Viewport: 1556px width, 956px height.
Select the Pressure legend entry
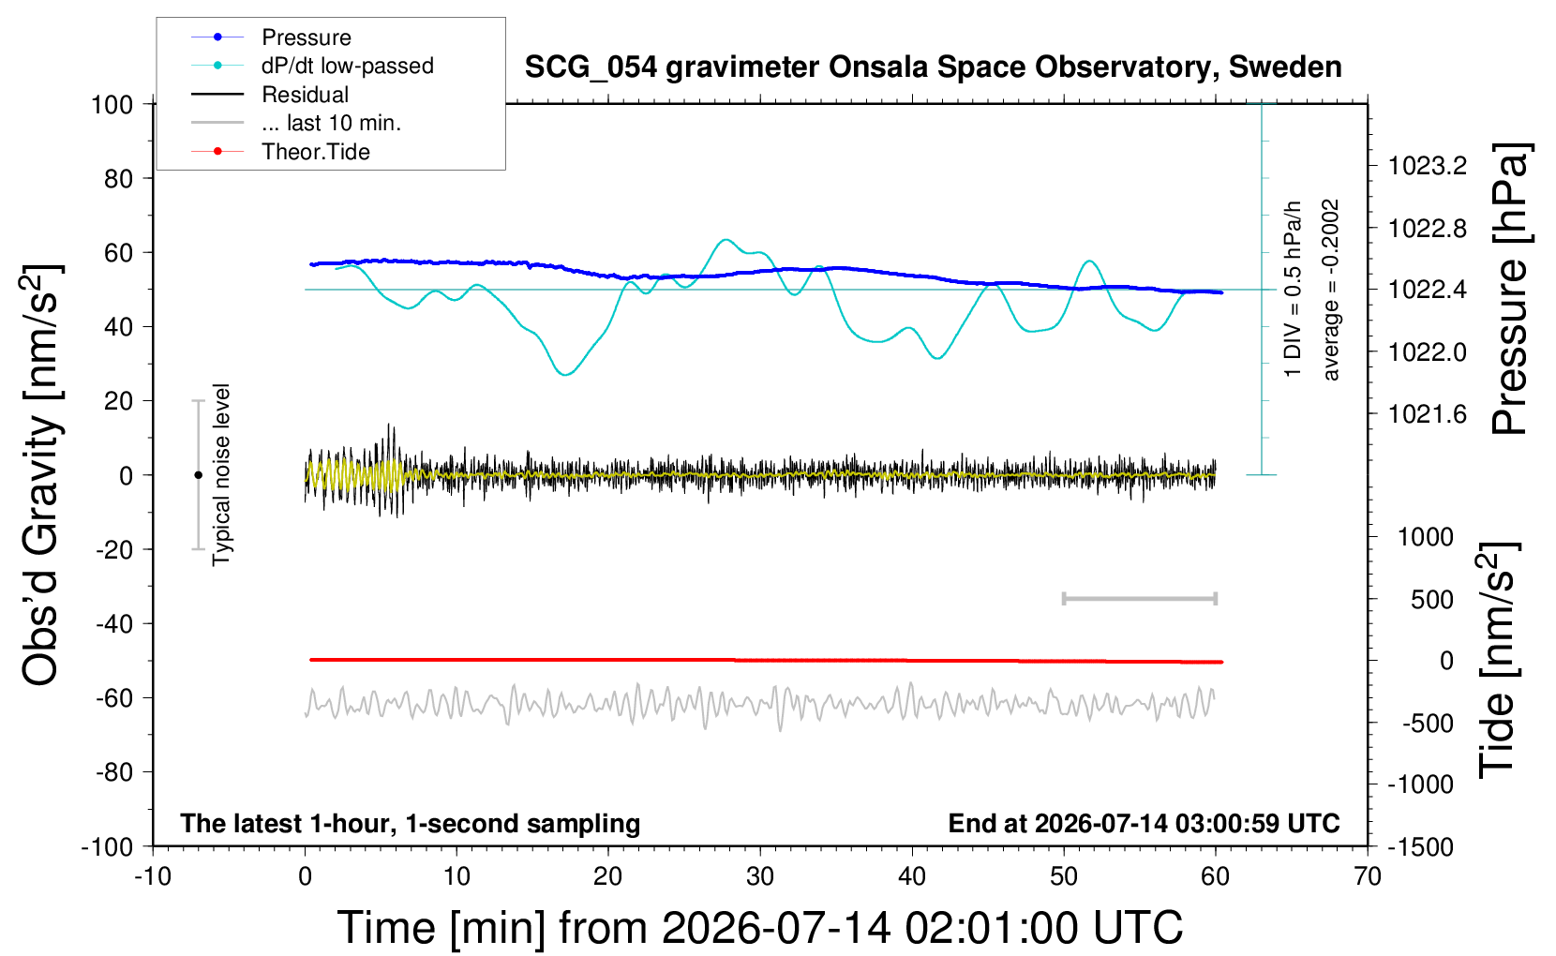click(272, 37)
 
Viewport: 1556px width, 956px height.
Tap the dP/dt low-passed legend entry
click(312, 66)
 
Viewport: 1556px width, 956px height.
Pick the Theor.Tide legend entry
click(280, 152)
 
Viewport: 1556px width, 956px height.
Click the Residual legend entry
click(270, 95)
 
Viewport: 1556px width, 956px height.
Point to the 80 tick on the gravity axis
click(118, 179)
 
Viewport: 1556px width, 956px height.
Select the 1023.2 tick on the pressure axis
click(1428, 166)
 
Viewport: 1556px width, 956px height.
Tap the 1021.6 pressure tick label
click(1428, 414)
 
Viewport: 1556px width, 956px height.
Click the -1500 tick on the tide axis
click(1420, 846)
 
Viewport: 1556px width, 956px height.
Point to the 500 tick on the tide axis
click(1431, 600)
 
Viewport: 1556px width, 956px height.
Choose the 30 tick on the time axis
click(760, 876)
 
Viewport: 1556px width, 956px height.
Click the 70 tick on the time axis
click(1367, 876)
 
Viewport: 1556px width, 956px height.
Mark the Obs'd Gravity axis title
click(41, 475)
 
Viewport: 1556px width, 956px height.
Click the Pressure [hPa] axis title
click(1511, 289)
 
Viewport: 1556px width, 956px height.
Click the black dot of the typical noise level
click(198, 475)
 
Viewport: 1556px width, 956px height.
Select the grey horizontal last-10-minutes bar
click(1140, 598)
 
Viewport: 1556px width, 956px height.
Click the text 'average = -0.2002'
click(1329, 290)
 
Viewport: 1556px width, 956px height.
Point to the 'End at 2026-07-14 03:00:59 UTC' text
click(1145, 823)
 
